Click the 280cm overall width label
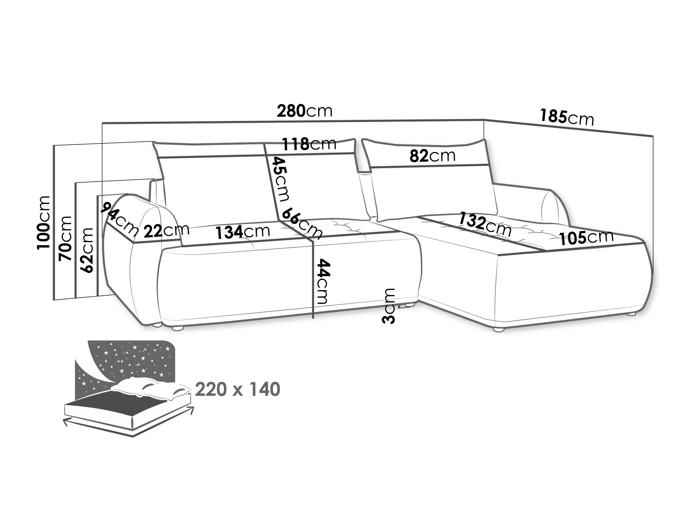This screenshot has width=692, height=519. click(305, 111)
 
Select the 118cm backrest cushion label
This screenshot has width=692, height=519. click(309, 144)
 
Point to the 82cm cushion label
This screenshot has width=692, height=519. click(433, 156)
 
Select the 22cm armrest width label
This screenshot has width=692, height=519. click(167, 231)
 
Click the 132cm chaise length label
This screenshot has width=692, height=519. click(485, 224)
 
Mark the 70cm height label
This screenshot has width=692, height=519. click(65, 238)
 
